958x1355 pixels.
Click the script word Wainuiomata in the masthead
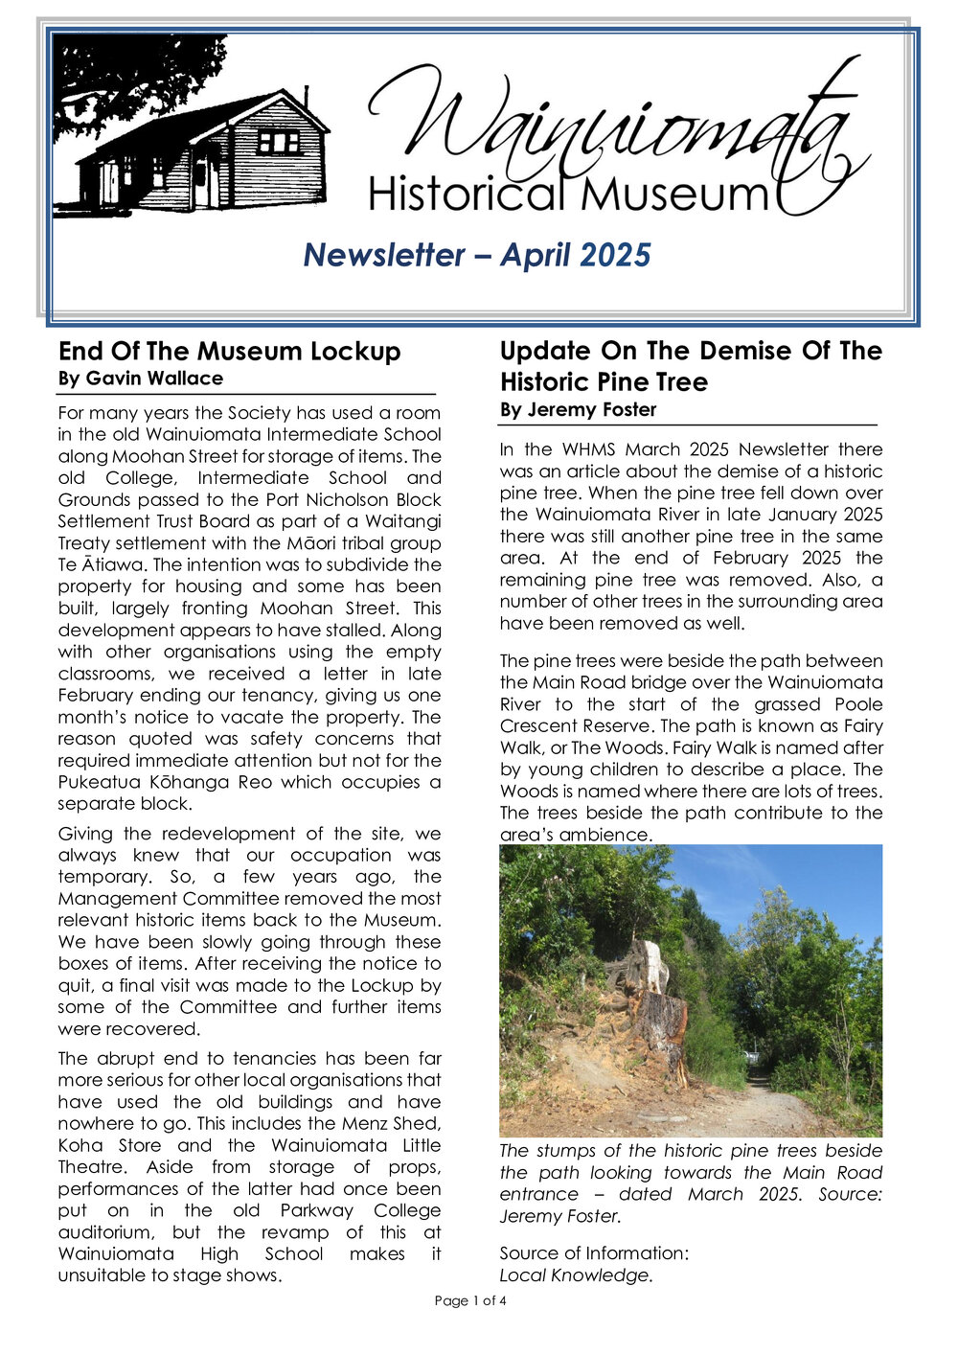coord(613,129)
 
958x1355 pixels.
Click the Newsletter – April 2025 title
coord(477,255)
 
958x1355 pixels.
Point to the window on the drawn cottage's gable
coord(279,143)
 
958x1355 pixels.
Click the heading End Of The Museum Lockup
coord(229,351)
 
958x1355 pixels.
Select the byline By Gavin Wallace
coord(141,379)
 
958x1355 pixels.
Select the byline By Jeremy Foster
coord(578,410)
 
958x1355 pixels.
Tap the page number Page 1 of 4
coord(470,1300)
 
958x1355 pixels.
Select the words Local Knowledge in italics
coord(576,1275)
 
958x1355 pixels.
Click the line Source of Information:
coord(594,1253)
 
